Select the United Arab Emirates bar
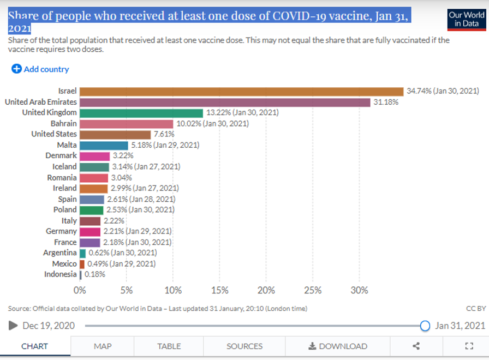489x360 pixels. point(225,102)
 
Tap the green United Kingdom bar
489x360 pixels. point(141,112)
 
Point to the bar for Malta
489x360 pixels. point(104,145)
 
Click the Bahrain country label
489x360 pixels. point(64,123)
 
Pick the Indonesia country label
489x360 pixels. point(61,274)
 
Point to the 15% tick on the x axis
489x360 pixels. point(219,290)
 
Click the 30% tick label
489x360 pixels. point(359,290)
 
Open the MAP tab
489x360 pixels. point(103,346)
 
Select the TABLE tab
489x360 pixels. point(169,346)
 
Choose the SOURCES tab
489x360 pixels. point(244,346)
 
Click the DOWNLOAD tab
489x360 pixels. point(338,346)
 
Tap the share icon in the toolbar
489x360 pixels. point(416,346)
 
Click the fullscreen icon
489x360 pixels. point(468,346)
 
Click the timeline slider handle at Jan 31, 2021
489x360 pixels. point(425,326)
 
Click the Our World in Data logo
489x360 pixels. point(466,19)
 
